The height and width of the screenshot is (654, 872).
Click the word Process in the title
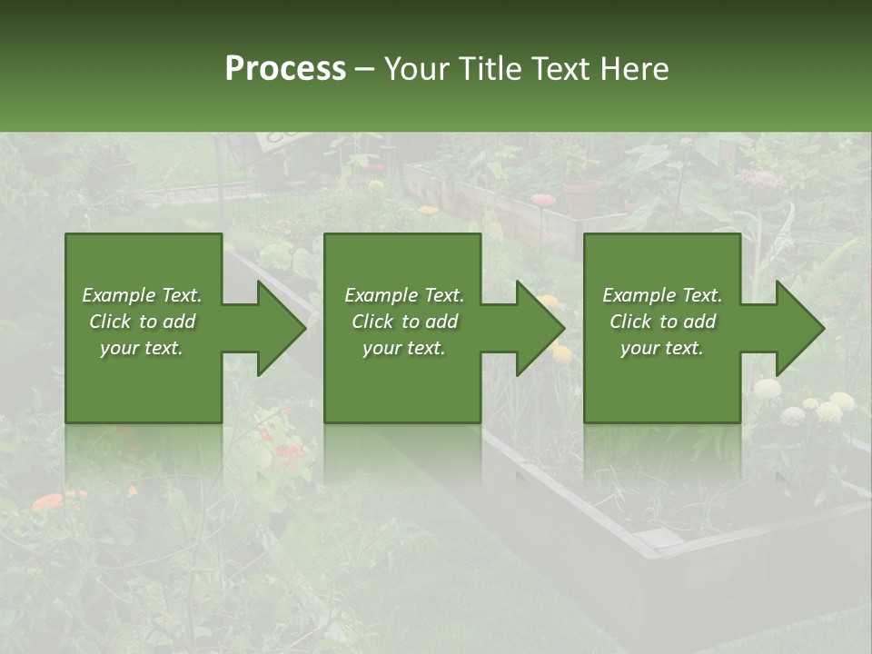[x=285, y=69]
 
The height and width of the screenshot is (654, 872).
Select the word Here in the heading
[x=634, y=69]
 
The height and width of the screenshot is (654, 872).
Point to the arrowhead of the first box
[x=277, y=328]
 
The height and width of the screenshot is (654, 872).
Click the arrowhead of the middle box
[x=537, y=328]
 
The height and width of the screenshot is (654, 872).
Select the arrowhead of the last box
[x=797, y=328]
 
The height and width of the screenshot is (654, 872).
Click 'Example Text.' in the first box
[x=142, y=295]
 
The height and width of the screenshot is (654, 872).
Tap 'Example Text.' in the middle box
[x=404, y=295]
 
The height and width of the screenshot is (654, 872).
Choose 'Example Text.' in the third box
[x=662, y=295]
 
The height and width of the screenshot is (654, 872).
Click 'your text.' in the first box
[x=142, y=348]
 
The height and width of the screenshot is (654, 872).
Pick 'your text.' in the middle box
[x=404, y=348]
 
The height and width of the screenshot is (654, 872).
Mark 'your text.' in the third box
[x=662, y=348]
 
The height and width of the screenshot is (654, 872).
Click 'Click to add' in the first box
[x=142, y=322]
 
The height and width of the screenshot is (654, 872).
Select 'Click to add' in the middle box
[x=404, y=322]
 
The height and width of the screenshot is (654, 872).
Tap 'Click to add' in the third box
[x=662, y=322]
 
